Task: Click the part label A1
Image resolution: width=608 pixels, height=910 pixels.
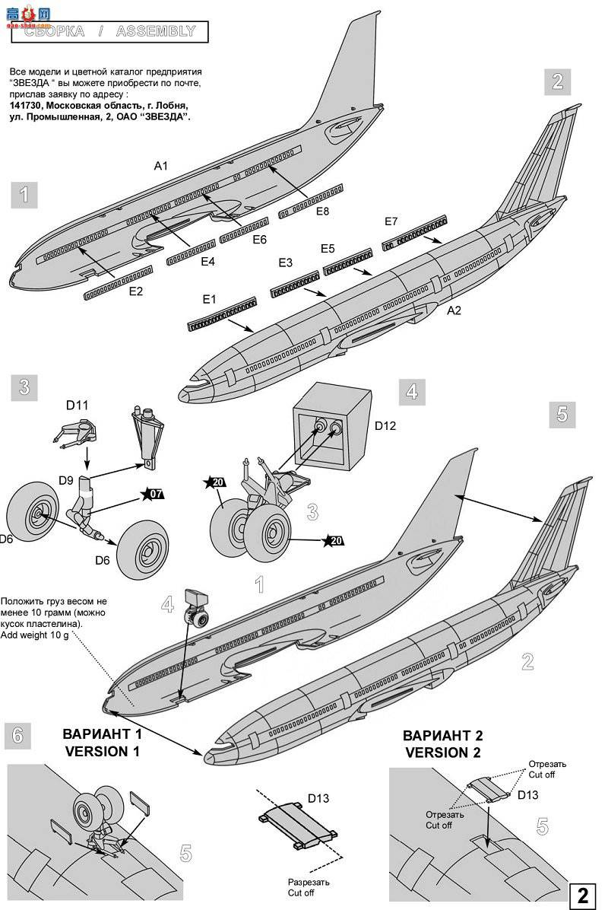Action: pos(160,165)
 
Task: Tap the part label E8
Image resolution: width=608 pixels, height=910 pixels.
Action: pos(323,212)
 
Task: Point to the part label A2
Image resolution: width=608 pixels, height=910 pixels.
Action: pos(454,310)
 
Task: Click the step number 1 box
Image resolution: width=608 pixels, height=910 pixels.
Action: pos(24,195)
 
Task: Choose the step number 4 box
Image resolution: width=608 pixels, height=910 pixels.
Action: pos(411,393)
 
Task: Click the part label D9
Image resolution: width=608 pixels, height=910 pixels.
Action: pos(65,481)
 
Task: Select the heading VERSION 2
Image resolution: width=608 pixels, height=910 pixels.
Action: pos(442,752)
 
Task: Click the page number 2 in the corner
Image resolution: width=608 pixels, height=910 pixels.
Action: pos(583,895)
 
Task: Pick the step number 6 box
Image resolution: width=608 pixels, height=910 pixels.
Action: pos(18,736)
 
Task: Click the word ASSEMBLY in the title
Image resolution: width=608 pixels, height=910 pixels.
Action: pos(155,31)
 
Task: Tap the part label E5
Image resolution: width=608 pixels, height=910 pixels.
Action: pos(328,249)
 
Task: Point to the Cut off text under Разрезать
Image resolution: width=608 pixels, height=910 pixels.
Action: pos(300,892)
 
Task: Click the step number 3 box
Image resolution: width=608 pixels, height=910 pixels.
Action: pos(24,387)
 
